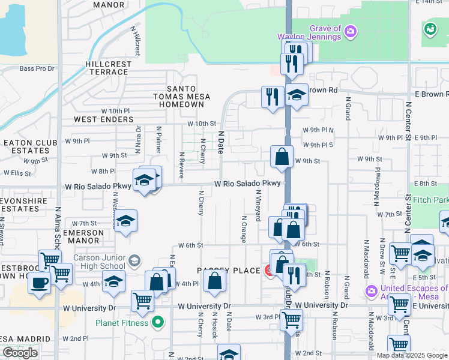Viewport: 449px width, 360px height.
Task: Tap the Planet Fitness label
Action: click(122, 323)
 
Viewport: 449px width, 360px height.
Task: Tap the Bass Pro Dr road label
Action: click(37, 68)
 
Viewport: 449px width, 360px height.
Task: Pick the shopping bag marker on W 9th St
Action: click(282, 157)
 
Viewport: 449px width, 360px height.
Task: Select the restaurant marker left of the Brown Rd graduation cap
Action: click(273, 96)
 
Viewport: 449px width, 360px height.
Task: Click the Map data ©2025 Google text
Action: click(412, 355)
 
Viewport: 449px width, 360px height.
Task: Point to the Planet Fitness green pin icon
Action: click(158, 323)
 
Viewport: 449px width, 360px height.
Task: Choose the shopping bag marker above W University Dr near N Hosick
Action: click(214, 281)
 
